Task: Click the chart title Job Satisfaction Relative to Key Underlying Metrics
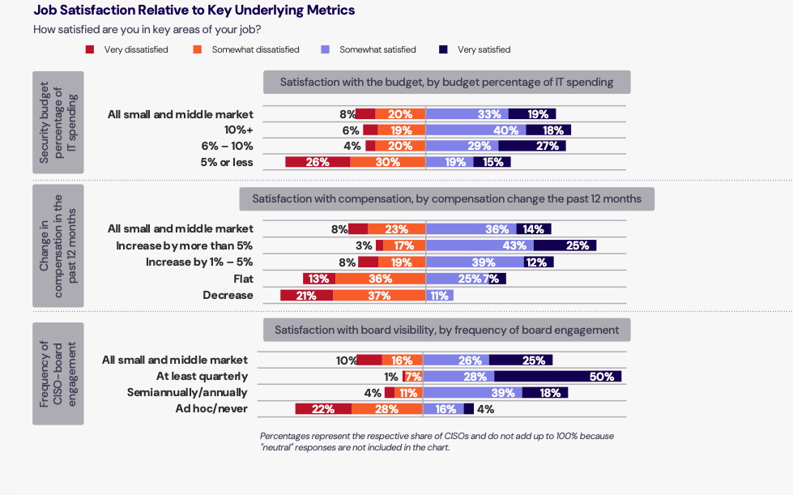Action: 194,11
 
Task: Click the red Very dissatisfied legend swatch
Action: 90,49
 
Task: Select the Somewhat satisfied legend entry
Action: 377,49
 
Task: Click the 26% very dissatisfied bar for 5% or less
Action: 318,162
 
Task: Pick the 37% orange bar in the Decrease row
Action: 378,296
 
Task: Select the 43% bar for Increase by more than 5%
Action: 479,245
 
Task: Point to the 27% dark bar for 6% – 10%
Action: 531,146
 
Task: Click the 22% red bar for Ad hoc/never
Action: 322,409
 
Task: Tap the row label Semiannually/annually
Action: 187,393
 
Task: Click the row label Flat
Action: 242,279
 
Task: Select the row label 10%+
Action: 238,130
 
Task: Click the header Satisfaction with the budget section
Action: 446,83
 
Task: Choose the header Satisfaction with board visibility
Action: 446,330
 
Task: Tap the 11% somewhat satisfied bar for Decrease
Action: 439,296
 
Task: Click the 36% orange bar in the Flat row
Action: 380,279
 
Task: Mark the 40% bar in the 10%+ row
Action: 475,130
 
